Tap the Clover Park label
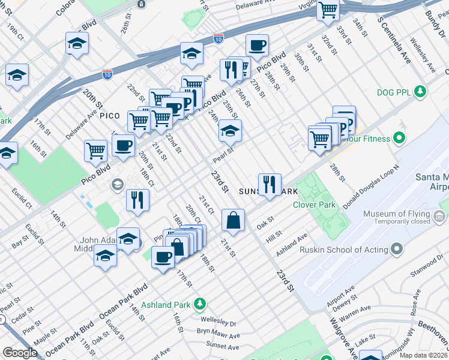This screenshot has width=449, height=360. pos(313,205)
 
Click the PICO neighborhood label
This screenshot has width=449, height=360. pos(114,114)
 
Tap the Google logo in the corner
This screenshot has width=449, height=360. pos(20,353)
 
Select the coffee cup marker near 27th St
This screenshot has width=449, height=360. pos(257,46)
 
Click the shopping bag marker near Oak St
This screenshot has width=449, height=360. pos(233,220)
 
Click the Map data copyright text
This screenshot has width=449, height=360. pos(423,355)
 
